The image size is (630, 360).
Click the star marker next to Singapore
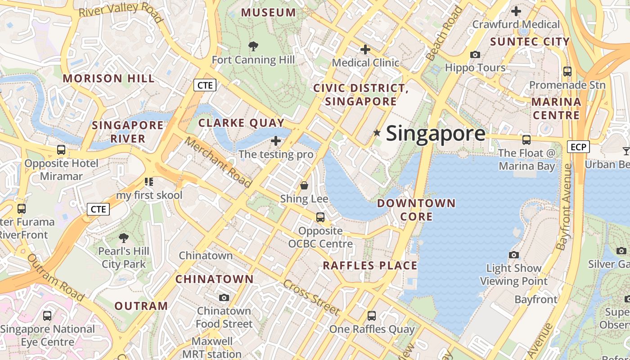point(377,133)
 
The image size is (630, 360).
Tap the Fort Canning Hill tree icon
point(253,46)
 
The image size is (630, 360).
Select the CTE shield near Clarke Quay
point(205,85)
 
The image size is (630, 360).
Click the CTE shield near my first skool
point(98,209)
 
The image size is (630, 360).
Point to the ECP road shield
point(578,147)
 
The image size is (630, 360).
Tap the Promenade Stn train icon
point(567,71)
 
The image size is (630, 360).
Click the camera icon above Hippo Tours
point(475,55)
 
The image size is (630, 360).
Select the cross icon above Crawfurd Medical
point(516,11)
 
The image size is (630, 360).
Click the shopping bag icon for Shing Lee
point(304,185)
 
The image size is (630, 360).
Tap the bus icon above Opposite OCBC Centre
point(320,217)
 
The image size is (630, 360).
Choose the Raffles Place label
point(370,265)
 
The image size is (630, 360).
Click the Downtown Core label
point(416,210)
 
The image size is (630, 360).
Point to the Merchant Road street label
point(218,162)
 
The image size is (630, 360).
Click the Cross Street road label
point(311,297)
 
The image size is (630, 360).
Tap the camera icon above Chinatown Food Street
point(224,297)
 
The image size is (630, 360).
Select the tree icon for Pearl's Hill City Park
point(123,238)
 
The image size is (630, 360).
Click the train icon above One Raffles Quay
point(371,316)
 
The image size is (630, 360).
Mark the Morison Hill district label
point(108,78)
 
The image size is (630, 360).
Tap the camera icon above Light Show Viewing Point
point(513,255)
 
